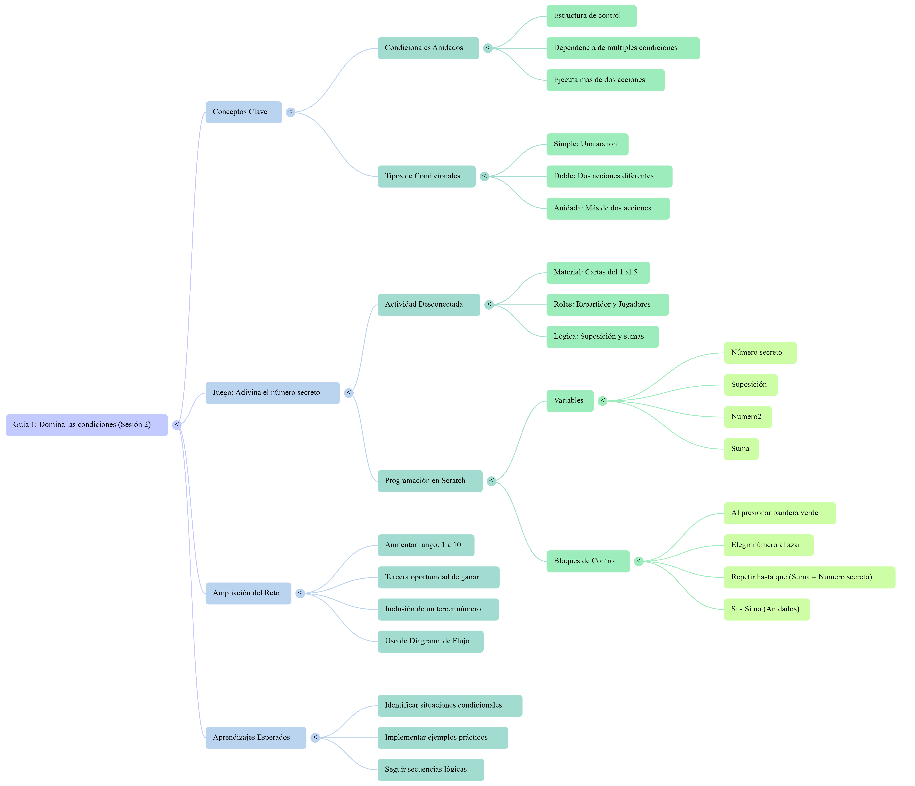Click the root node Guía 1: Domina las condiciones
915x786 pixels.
tap(87, 425)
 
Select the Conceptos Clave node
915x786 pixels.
tap(243, 112)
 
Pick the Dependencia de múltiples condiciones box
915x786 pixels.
tap(623, 48)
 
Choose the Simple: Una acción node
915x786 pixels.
tap(587, 144)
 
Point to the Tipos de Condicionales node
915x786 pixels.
tap(426, 176)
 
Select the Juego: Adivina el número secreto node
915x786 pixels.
tap(273, 393)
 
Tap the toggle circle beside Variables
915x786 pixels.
tap(602, 401)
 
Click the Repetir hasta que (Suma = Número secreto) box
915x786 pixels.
tap(809, 577)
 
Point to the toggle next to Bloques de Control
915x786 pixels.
tap(639, 561)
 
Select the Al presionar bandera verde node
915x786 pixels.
tap(779, 513)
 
